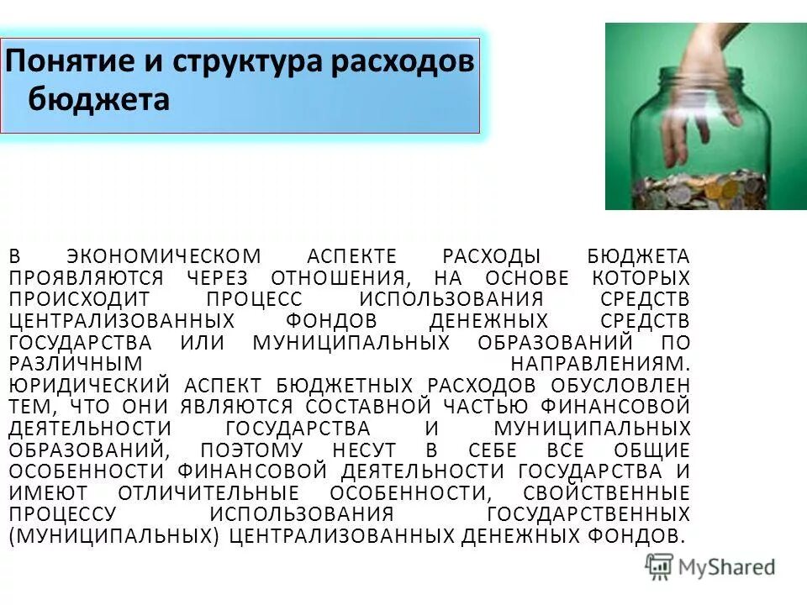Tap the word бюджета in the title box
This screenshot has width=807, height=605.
[99, 100]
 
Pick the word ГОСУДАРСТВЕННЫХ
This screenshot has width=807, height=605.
[588, 514]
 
